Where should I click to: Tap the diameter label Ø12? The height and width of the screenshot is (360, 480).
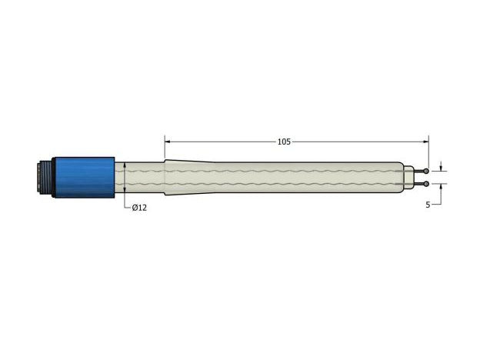139,208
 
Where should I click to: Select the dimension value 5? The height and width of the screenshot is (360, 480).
427,205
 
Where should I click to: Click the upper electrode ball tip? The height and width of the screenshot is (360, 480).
426,171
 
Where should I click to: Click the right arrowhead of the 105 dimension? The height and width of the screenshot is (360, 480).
425,142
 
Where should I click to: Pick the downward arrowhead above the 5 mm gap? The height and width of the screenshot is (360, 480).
440,168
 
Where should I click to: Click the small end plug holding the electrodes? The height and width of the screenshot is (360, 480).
408,177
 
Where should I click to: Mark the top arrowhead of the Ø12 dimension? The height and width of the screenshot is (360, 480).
125,165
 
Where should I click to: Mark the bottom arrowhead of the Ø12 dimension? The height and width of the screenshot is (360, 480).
125,189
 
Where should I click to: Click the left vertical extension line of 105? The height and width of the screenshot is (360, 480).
165,150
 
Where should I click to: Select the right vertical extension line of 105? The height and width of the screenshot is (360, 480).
429,150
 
